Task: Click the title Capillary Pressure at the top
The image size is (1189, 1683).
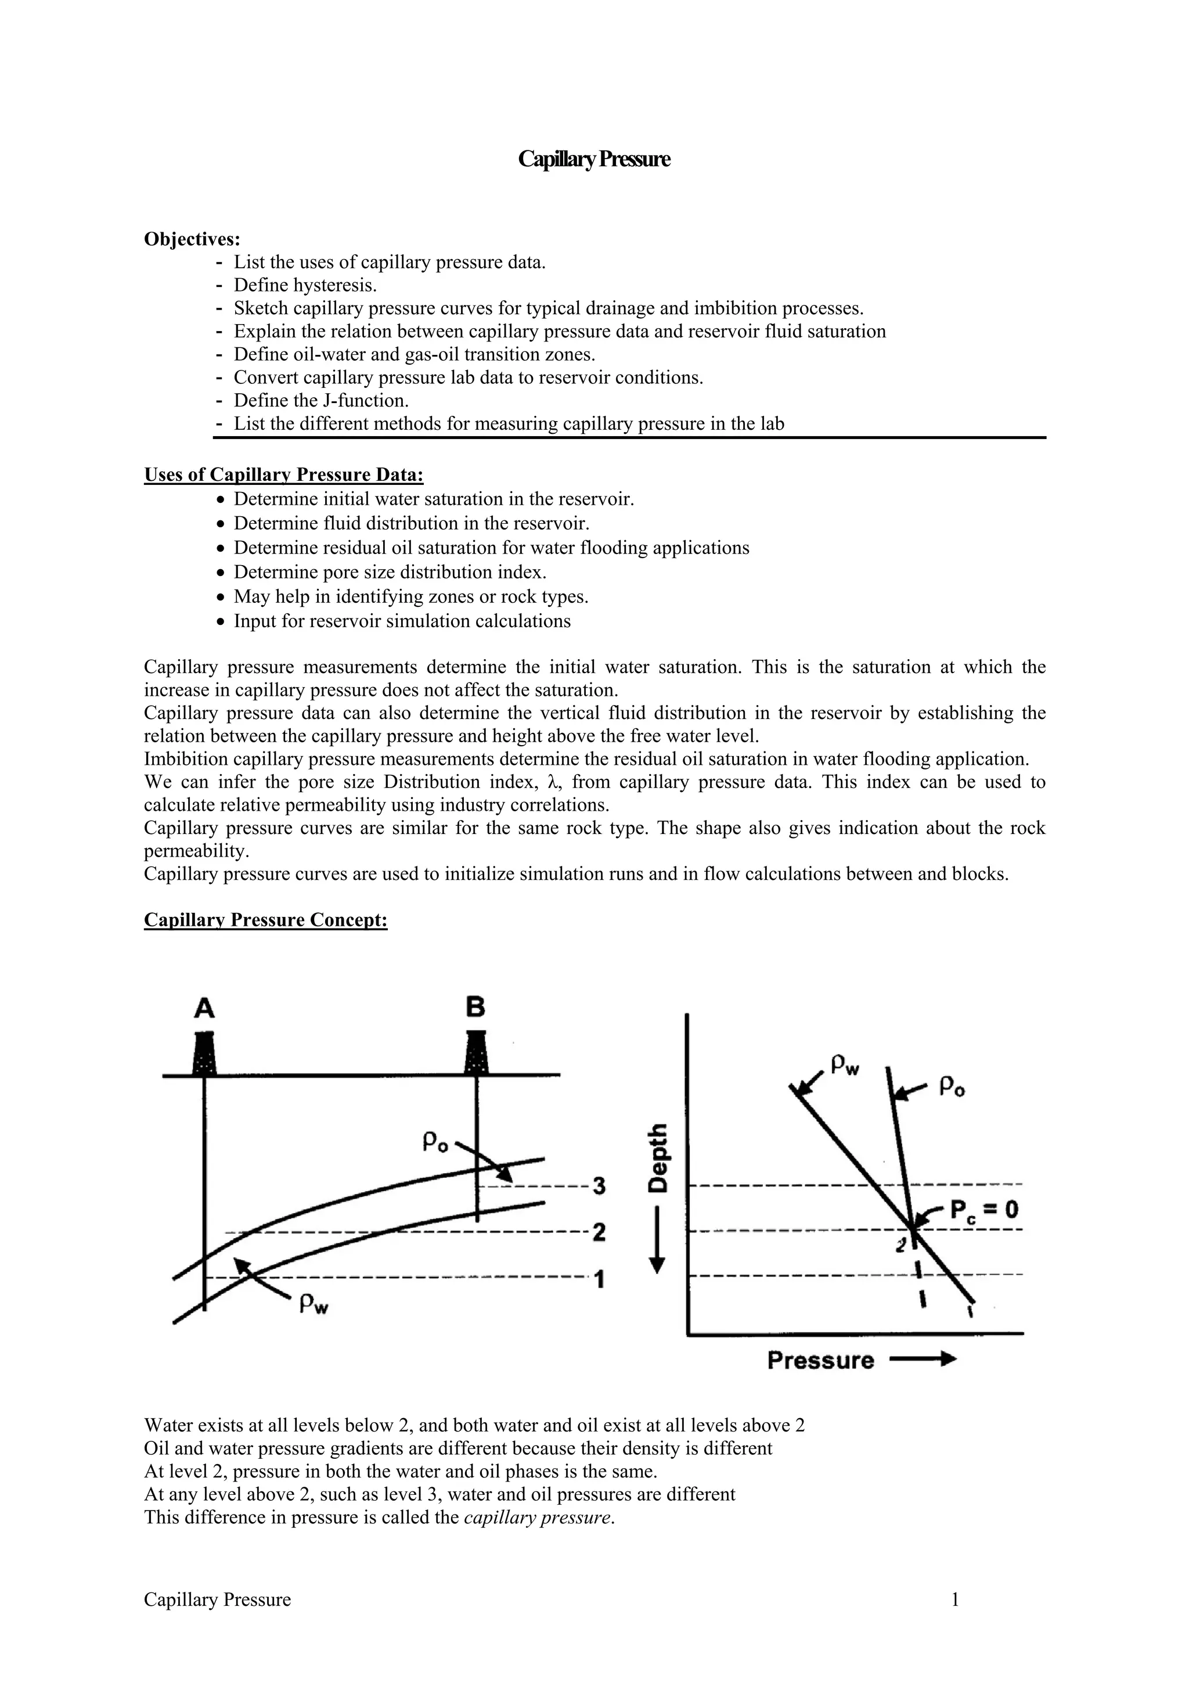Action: [593, 159]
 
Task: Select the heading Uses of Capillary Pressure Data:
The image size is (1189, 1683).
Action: [283, 475]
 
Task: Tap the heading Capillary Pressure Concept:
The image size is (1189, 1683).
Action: [265, 920]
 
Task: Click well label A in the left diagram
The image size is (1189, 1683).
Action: [204, 1009]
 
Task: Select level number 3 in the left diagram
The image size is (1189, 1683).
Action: [599, 1185]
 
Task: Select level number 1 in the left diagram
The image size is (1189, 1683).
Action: [599, 1280]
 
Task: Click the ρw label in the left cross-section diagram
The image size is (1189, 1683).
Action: [314, 1304]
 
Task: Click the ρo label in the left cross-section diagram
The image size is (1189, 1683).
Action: [436, 1142]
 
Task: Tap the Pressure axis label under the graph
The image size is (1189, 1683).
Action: [820, 1361]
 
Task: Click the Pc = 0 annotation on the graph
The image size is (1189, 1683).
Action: [984, 1210]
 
